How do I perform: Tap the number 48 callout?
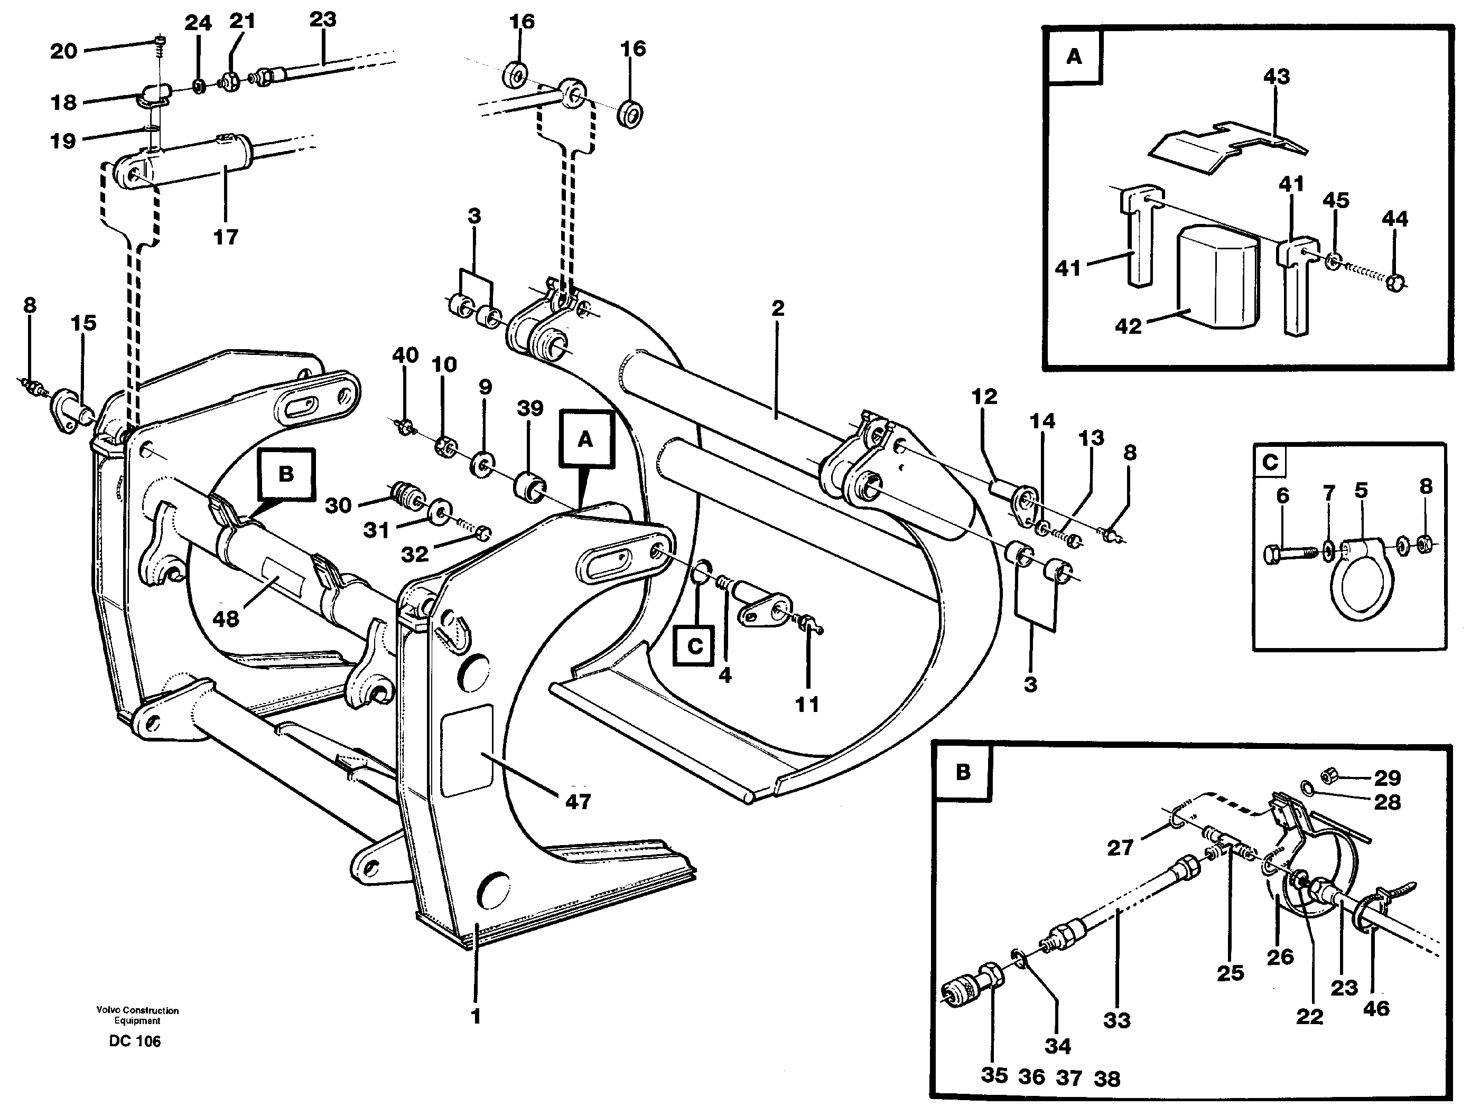coord(226,619)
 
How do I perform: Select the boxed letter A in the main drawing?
coord(585,439)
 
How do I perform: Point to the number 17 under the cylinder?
coord(226,237)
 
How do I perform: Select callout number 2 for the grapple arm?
coord(777,308)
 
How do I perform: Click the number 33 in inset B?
coord(1116,1020)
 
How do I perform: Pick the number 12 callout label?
coord(984,397)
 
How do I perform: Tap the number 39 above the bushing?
coord(530,408)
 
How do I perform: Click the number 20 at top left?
coord(64,51)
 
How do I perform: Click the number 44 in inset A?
coord(1394,218)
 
